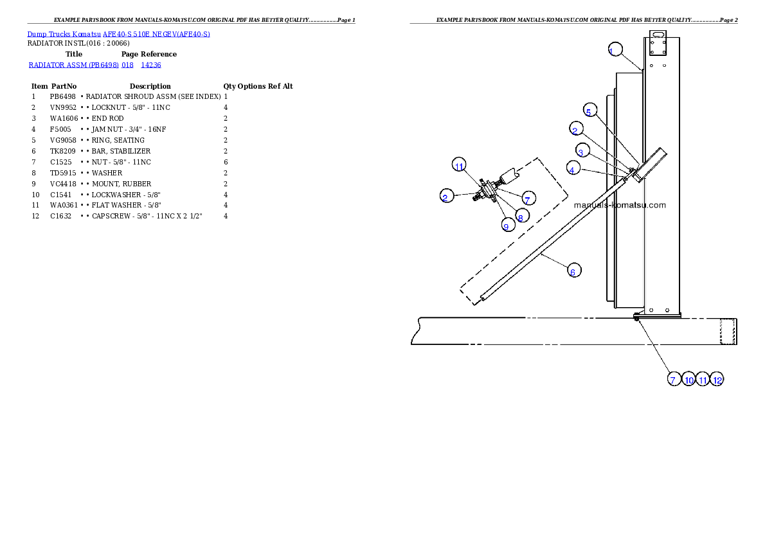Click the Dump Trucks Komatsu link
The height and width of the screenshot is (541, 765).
click(64, 34)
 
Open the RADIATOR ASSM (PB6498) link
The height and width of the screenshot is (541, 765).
click(74, 65)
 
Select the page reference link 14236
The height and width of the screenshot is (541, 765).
click(151, 65)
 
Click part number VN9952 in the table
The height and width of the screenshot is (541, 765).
click(63, 107)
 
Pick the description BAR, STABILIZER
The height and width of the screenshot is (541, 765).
click(121, 151)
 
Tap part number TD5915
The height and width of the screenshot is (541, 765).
click(63, 173)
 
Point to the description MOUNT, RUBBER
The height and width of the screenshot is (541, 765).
click(122, 184)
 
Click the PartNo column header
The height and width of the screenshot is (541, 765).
click(64, 86)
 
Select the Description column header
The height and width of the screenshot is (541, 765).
click(150, 86)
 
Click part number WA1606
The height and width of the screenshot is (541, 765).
click(64, 118)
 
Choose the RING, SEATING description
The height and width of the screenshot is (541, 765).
click(118, 141)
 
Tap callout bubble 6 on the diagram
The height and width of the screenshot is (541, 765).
click(574, 270)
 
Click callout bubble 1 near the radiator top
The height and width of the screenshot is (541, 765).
click(615, 49)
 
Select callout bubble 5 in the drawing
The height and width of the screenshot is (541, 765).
click(590, 111)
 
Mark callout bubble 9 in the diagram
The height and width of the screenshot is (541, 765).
click(509, 225)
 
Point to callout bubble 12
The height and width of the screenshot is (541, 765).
click(717, 379)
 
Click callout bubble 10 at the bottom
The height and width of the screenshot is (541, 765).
click(688, 379)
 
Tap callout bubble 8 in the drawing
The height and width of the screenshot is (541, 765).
click(523, 216)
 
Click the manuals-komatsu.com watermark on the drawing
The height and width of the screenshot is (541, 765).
click(620, 206)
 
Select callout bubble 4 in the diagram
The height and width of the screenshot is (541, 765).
click(573, 168)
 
